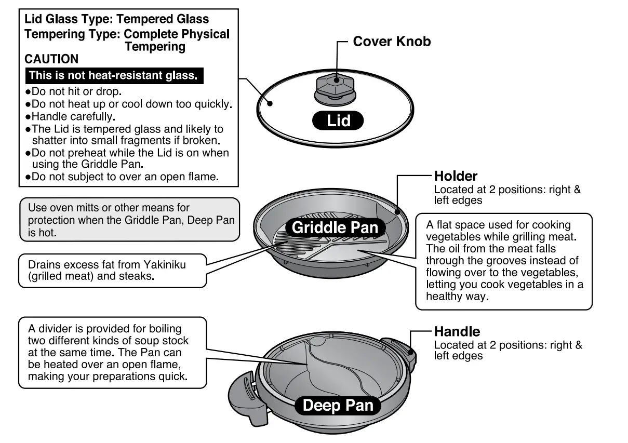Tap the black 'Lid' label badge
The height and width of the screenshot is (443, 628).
point(338,121)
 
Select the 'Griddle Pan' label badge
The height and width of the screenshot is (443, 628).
point(335,227)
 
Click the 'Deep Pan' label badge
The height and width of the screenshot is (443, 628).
point(338,406)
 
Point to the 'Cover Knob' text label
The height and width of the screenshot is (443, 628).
point(392,42)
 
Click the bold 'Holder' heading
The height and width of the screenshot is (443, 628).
point(456,176)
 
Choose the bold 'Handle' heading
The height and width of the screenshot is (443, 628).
point(457,331)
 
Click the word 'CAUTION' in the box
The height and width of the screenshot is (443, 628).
point(51,59)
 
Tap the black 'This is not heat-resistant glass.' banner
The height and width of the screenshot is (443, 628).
point(113,75)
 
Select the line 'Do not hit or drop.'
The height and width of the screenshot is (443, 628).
point(76,91)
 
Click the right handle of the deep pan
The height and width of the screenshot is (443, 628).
point(400,353)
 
